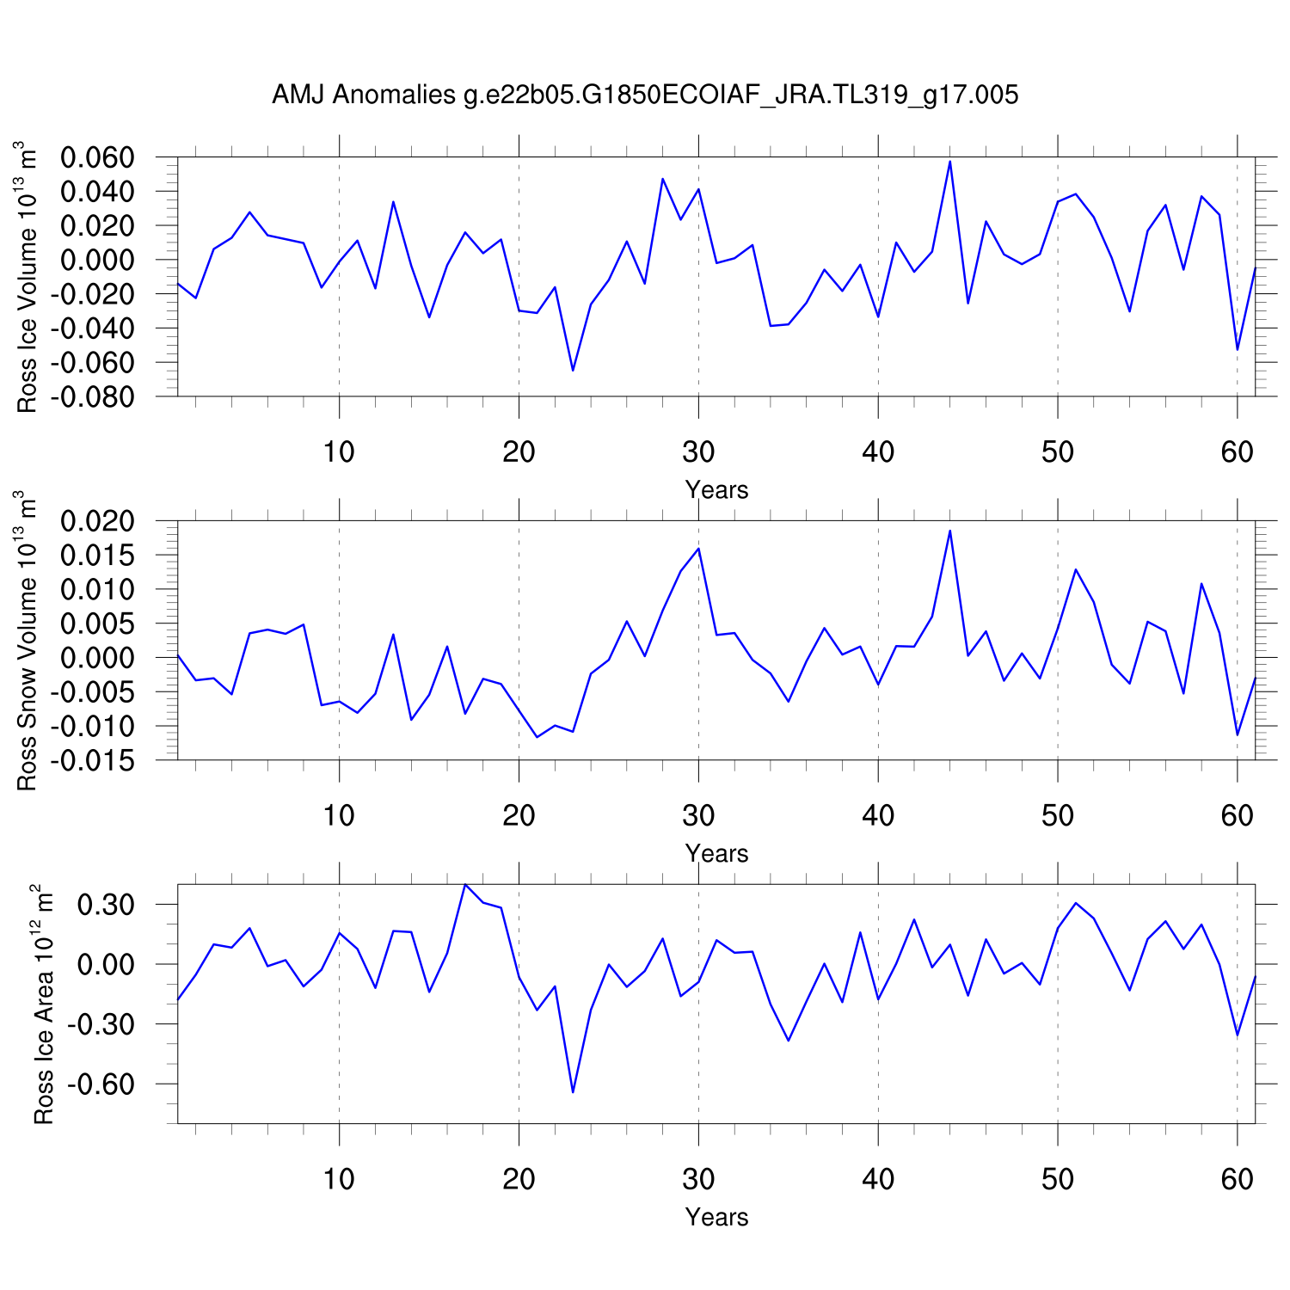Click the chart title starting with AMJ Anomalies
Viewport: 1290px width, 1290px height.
click(x=645, y=95)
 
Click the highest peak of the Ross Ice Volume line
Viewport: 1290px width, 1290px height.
click(x=949, y=161)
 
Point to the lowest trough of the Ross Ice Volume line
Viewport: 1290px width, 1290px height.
click(x=573, y=371)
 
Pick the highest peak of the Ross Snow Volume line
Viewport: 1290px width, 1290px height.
click(x=949, y=530)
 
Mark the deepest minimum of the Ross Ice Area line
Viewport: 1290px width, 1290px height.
click(x=573, y=1092)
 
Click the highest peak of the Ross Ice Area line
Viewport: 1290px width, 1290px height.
click(x=465, y=884)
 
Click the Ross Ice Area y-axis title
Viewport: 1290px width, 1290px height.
click(x=43, y=1004)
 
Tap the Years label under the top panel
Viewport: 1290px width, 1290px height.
click(x=716, y=490)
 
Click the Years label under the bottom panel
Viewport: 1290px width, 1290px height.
click(x=716, y=1218)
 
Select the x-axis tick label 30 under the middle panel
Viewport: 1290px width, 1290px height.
click(x=698, y=815)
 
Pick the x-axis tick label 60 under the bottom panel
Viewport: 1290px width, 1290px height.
click(x=1237, y=1179)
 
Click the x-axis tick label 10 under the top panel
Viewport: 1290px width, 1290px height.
click(x=339, y=451)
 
